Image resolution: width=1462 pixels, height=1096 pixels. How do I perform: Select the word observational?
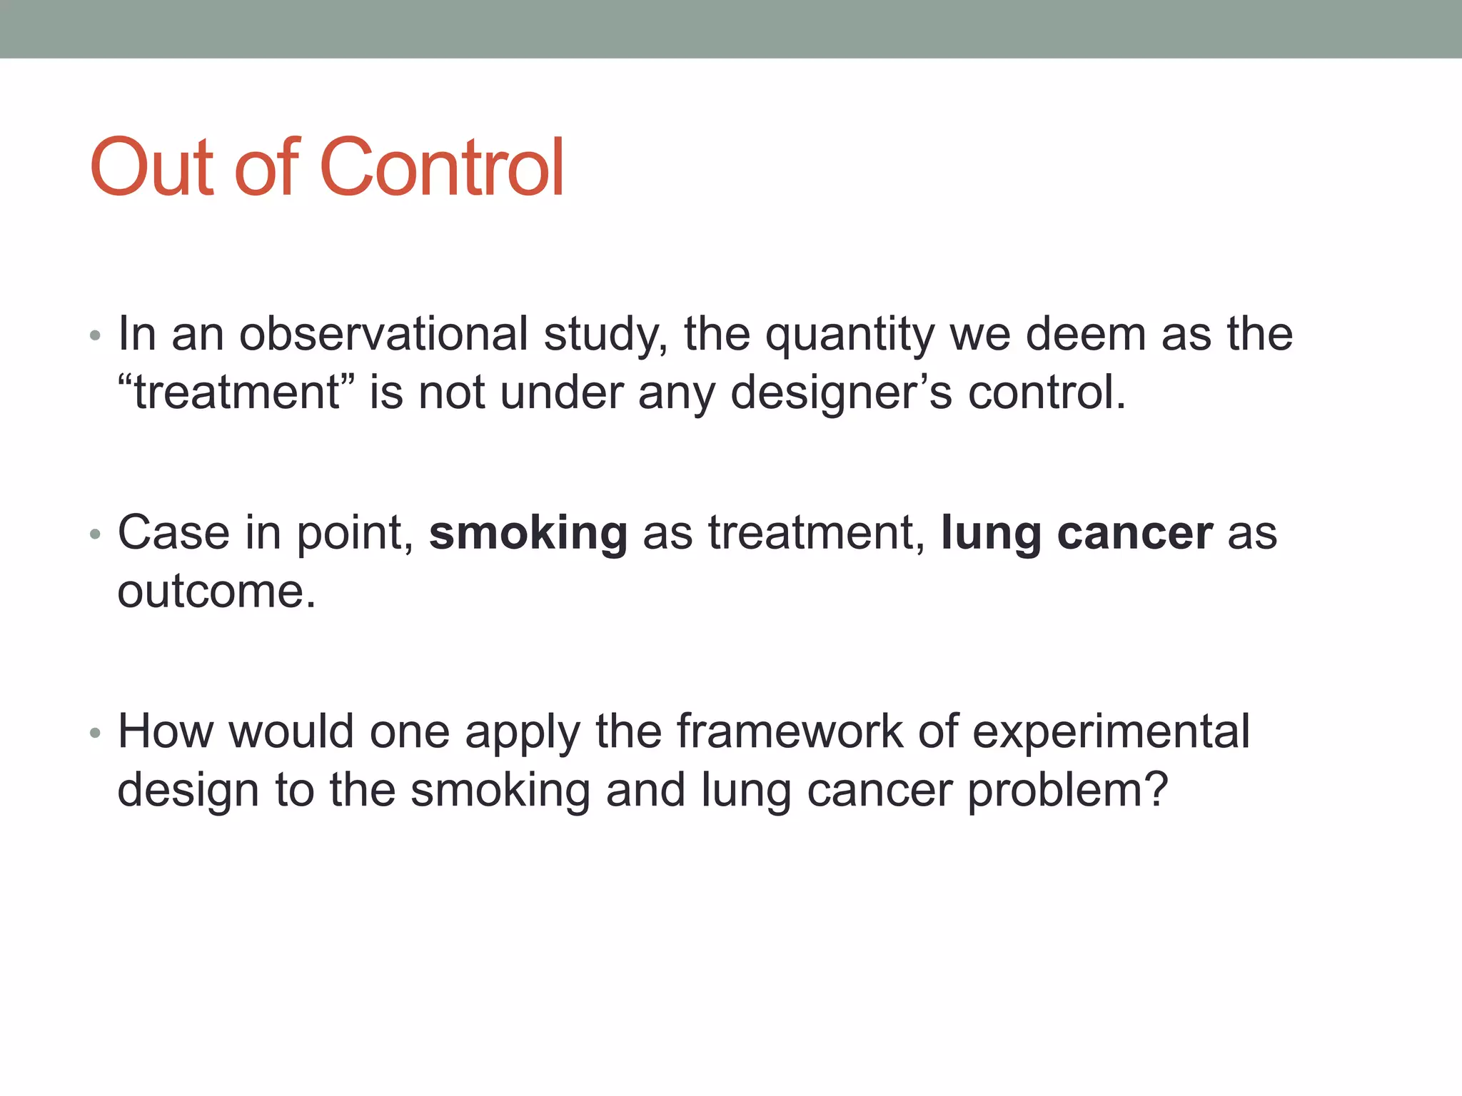click(383, 334)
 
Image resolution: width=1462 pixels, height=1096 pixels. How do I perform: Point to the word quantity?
click(849, 335)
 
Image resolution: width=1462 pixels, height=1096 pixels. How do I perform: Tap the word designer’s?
click(841, 394)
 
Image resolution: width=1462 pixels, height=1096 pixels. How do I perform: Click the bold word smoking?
click(528, 534)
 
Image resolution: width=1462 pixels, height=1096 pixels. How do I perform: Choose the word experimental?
click(1111, 733)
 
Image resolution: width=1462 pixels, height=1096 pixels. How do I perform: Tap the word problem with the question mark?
click(1067, 791)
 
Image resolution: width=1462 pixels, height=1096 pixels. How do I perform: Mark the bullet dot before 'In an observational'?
click(96, 335)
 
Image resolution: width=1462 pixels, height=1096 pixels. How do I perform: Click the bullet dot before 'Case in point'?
click(96, 534)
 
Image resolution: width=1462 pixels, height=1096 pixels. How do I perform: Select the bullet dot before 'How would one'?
click(96, 733)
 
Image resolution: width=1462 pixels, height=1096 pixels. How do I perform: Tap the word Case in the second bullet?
click(173, 533)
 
